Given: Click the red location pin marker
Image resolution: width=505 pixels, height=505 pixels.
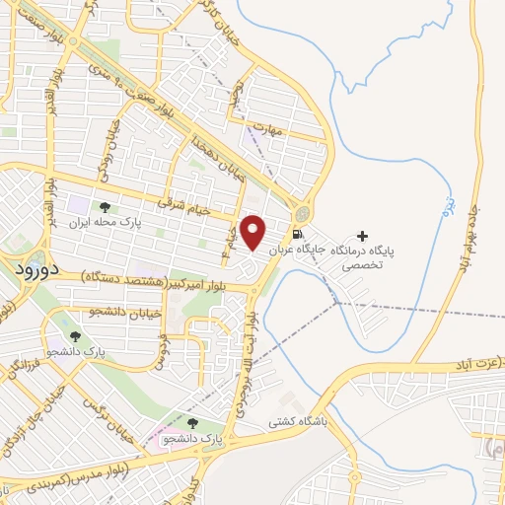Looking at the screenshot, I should [253, 233].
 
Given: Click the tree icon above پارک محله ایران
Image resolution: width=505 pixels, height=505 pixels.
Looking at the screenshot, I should [104, 207].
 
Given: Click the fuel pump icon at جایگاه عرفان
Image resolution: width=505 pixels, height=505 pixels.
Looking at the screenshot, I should [297, 235].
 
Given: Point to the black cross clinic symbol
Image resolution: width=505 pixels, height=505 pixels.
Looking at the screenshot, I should [362, 237].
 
